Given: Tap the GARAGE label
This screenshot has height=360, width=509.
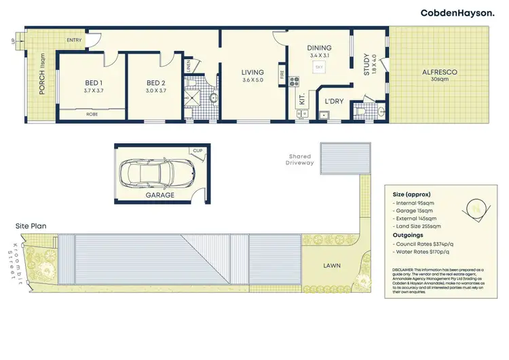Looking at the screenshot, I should coord(159,195).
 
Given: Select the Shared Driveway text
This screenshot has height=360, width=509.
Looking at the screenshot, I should coord(300,159).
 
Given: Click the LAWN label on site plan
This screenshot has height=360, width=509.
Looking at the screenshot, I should coord(332,265).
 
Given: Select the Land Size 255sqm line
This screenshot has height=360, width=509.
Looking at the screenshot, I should coord(417,226).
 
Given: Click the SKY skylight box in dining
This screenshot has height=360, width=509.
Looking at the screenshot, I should coord(318,68).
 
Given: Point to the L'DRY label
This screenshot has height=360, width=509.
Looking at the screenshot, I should coord(333,101).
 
